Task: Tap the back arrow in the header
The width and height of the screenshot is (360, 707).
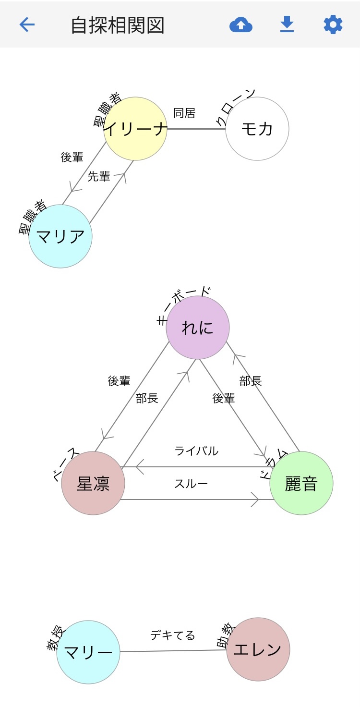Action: coord(27,24)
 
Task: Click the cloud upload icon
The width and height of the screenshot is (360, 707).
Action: coord(241,24)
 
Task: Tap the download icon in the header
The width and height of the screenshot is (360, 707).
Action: coord(287,24)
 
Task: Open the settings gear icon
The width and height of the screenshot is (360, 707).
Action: coord(333,24)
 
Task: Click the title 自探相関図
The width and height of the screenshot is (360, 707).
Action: coord(118,25)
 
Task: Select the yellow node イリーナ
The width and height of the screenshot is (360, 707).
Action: coord(135,129)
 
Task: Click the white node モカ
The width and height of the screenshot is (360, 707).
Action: coord(257,129)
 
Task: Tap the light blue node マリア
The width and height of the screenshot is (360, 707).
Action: coord(60,236)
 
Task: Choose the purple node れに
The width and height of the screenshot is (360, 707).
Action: coord(198,328)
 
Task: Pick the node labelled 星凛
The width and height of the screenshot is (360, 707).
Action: coord(93,483)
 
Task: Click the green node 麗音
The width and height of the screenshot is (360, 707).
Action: coord(301,483)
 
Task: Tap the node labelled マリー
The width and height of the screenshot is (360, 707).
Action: coord(88,652)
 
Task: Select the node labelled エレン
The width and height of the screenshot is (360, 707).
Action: coord(258,649)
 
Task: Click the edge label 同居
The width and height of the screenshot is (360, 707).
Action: coord(184,113)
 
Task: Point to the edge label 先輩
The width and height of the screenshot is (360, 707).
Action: coord(99,177)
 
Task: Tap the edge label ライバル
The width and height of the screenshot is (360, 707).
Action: coord(196,451)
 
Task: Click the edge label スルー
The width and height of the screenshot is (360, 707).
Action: coord(191,484)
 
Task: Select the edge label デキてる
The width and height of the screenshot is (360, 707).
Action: coord(173,635)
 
